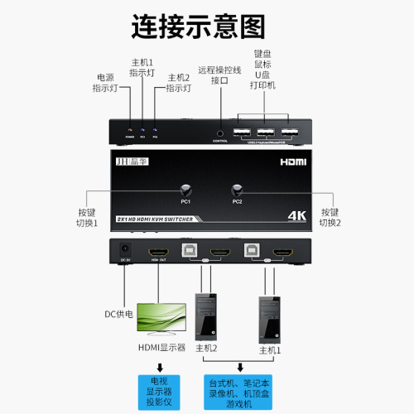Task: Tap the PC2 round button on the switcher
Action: pyautogui.click(x=238, y=190)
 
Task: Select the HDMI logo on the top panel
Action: pyautogui.click(x=294, y=165)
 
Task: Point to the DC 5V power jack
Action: pyautogui.click(x=126, y=249)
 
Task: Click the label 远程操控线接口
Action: pyautogui.click(x=219, y=75)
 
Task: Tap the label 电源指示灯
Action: pyautogui.click(x=108, y=82)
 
